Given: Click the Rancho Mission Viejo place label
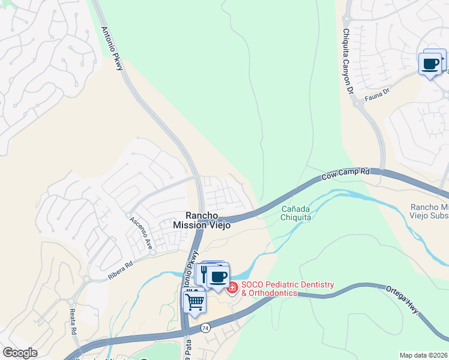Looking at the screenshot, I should tap(197, 220).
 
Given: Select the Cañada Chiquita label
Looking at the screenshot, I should tap(296, 213).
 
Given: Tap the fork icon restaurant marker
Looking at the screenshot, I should tap(203, 274).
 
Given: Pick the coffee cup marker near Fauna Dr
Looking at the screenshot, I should tap(430, 64).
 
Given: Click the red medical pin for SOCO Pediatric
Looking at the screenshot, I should tap(232, 289).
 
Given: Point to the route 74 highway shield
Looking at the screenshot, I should tap(205, 329).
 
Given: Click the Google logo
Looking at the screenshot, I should tap(20, 353).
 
